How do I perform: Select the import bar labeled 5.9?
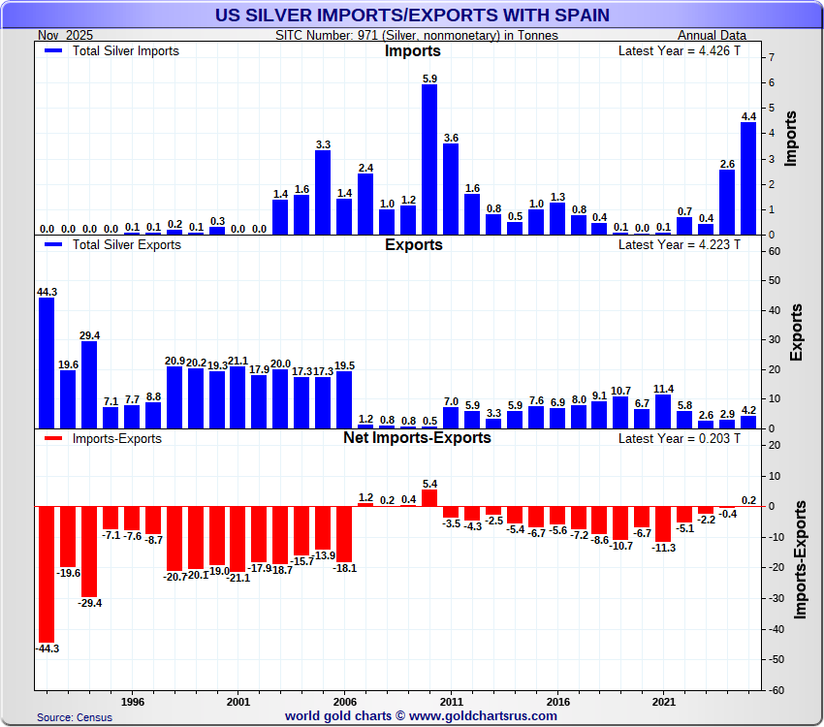point(429,160)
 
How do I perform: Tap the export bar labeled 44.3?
point(47,363)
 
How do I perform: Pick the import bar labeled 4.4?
point(748,178)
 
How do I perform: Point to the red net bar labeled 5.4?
point(429,497)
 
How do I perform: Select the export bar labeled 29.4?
point(89,385)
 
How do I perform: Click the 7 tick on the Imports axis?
point(771,58)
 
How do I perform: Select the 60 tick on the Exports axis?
point(773,251)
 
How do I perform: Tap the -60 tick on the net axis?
point(775,690)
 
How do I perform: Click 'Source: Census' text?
point(75,717)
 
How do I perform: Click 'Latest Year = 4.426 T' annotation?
point(679,51)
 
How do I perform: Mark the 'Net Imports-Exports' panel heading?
point(417,438)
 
